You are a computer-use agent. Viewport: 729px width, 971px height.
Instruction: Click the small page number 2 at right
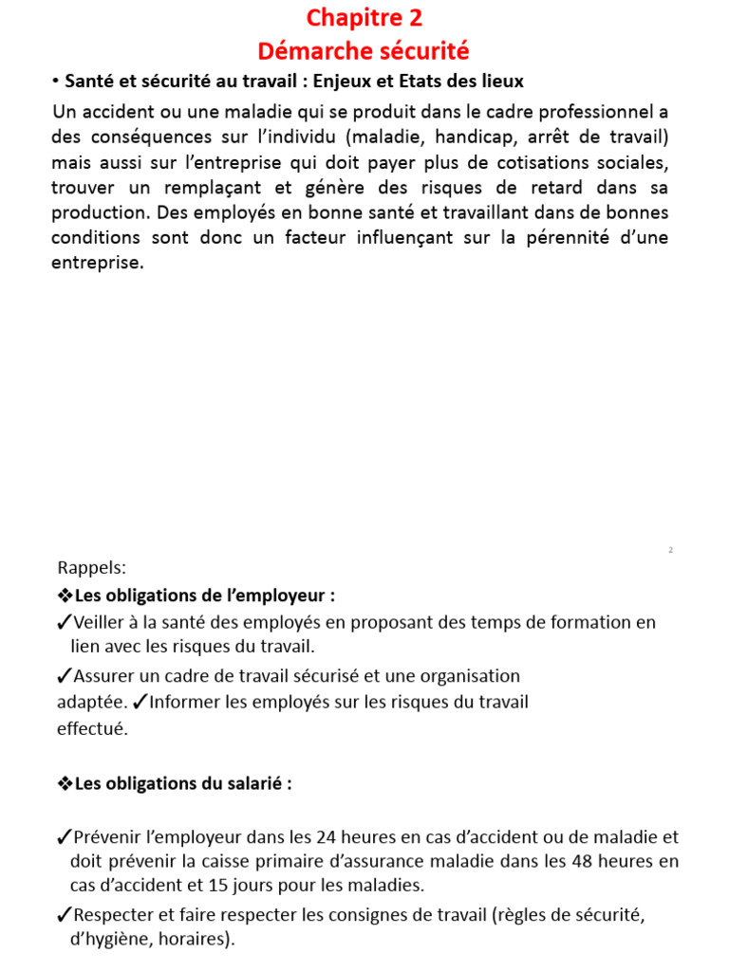point(670,550)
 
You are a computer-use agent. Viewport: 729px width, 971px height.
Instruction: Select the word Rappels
point(91,568)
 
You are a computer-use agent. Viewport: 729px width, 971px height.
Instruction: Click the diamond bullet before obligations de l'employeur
point(65,596)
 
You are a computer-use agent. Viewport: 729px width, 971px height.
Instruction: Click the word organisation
point(465,676)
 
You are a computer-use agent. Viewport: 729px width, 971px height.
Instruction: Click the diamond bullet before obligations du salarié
point(65,784)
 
